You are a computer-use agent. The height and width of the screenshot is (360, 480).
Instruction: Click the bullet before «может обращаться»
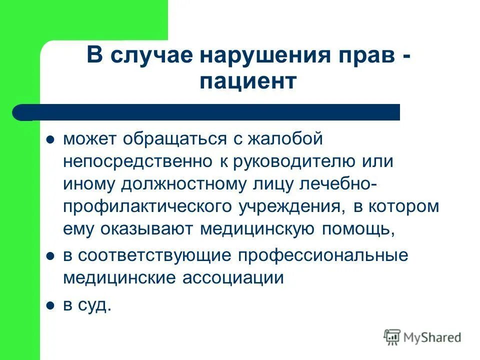(50, 140)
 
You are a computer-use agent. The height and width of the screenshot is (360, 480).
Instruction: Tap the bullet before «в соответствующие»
(50, 256)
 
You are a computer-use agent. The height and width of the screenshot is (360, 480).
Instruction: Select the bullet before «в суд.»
(50, 304)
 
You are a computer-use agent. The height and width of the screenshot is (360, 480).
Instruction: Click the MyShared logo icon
(392, 337)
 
